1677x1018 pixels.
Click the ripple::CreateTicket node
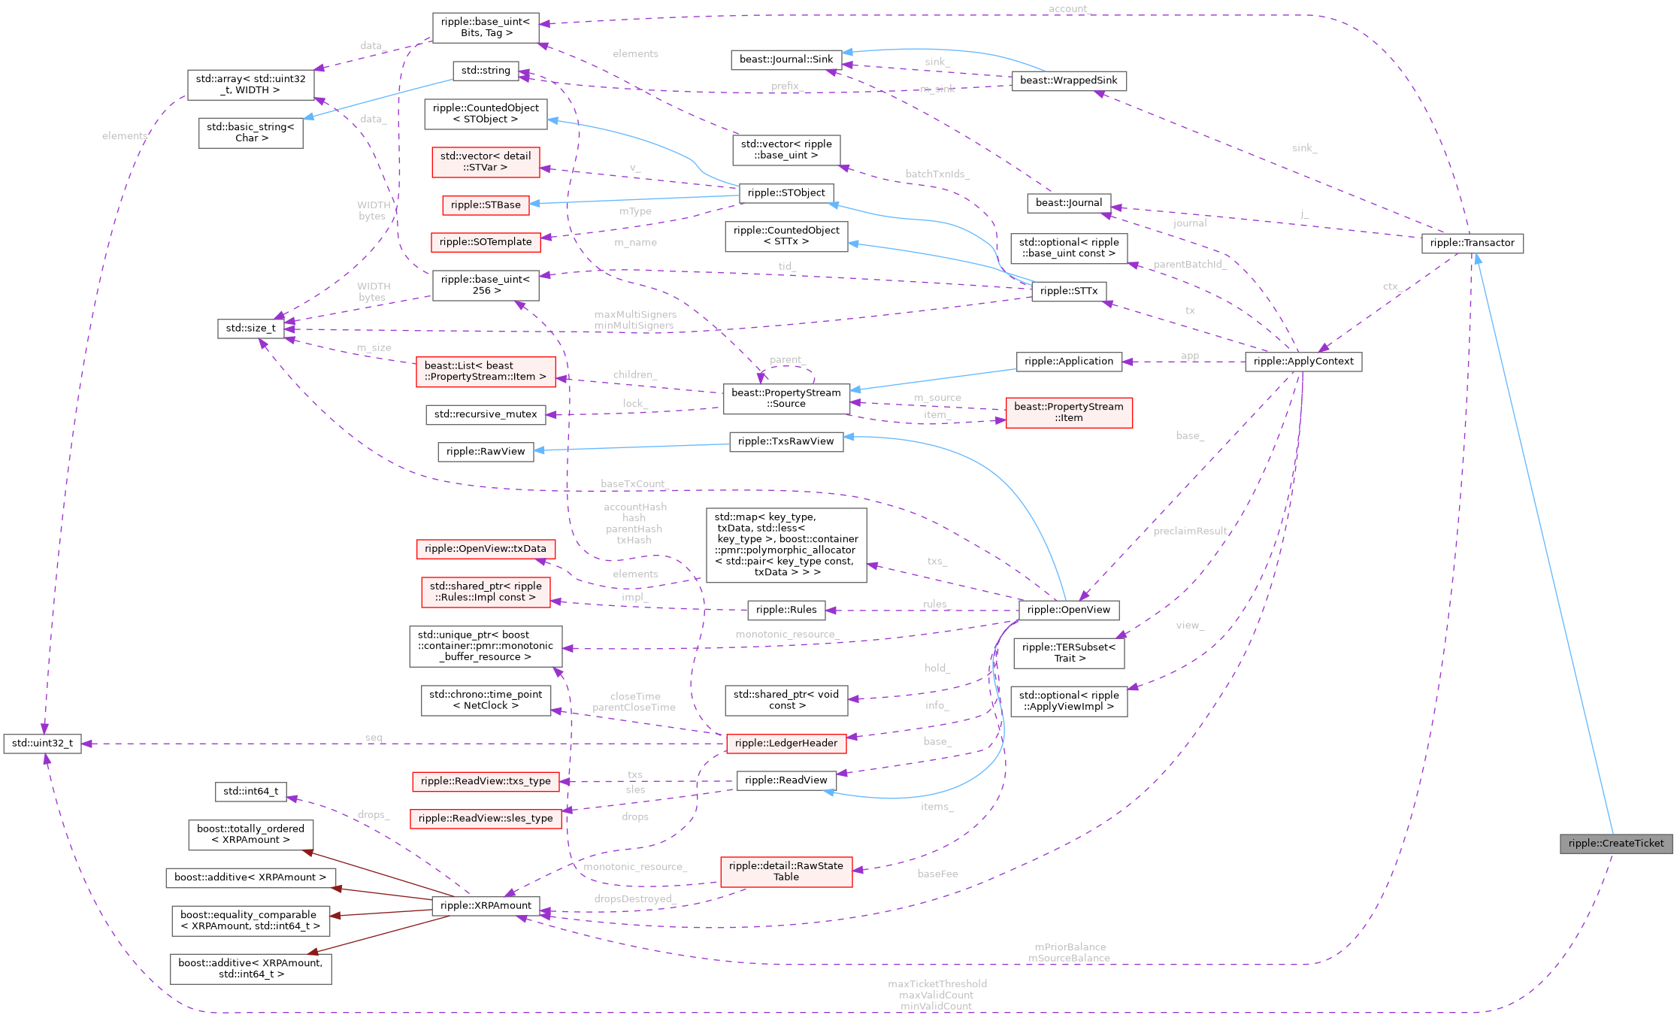1616,844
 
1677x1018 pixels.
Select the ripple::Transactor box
1472,243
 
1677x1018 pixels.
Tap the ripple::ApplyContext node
1303,362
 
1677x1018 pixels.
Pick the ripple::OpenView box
1068,610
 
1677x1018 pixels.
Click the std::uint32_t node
42,744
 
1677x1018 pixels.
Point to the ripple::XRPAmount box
486,906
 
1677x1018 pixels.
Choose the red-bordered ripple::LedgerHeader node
786,744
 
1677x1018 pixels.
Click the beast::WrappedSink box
1068,80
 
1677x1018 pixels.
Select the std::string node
486,71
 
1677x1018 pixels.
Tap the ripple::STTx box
1068,291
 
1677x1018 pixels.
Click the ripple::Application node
1068,362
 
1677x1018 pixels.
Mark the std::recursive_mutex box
486,414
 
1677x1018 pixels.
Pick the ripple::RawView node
486,452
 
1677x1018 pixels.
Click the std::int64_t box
251,792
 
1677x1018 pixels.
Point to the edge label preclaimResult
1190,532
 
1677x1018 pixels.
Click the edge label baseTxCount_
633,484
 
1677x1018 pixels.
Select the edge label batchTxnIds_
937,174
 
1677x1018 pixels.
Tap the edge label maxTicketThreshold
937,984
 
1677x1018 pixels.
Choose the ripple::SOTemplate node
486,242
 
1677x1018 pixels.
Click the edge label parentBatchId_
1189,265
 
